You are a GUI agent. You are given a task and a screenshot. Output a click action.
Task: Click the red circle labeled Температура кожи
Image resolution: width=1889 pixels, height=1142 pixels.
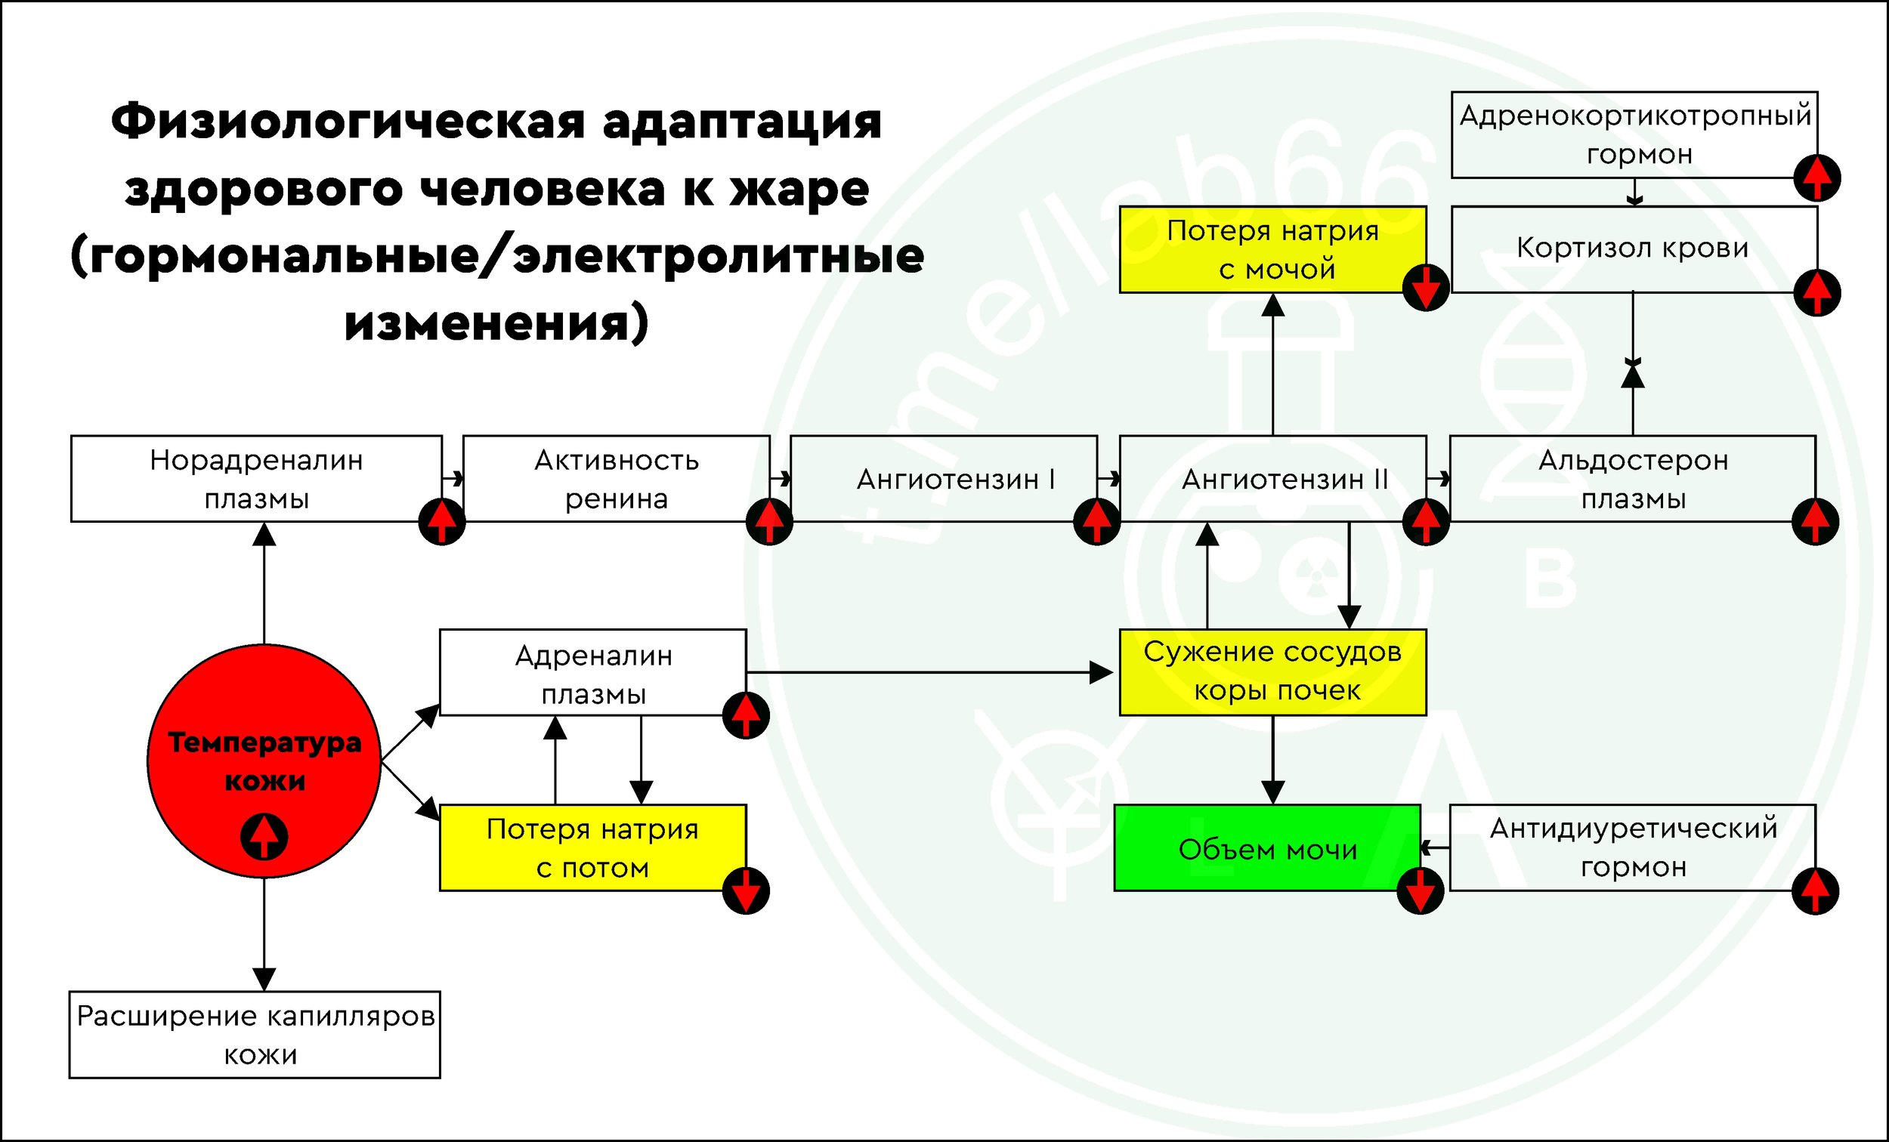264,761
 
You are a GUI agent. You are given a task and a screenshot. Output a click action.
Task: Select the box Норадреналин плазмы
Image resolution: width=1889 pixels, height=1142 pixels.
256,479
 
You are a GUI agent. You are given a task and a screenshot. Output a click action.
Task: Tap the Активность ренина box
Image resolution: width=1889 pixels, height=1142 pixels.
616,479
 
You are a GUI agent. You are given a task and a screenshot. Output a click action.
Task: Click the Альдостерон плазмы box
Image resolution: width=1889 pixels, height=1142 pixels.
1632,479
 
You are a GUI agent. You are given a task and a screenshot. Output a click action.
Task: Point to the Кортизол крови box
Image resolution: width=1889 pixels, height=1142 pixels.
1632,248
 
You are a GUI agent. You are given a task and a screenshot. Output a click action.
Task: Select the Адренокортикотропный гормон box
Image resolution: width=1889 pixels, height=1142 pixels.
1634,135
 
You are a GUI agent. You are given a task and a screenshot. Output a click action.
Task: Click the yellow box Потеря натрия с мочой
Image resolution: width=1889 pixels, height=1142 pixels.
1272,249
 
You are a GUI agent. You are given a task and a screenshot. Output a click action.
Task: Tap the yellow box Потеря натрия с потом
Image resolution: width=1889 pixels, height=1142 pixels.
592,847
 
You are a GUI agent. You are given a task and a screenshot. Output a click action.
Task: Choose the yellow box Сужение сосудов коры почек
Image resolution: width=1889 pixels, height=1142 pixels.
1272,671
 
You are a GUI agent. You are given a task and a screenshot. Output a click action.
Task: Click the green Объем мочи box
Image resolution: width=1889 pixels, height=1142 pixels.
1266,848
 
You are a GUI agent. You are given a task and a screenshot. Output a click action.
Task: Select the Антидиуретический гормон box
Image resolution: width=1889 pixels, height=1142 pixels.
1632,847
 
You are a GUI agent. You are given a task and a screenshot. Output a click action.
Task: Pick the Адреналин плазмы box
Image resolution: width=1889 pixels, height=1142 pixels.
592,673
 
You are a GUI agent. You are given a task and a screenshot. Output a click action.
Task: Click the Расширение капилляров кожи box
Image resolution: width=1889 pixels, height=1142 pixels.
255,1035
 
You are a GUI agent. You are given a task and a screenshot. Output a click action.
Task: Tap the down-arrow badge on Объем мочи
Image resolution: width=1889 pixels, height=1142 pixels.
1420,890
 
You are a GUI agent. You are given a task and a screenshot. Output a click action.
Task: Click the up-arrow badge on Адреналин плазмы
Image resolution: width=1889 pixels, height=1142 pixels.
746,715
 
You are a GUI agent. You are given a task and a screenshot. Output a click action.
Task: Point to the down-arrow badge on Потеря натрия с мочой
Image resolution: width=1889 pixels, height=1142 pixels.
1425,289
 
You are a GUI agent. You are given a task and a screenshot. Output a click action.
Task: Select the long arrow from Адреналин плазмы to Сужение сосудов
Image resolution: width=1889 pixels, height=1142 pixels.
928,672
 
